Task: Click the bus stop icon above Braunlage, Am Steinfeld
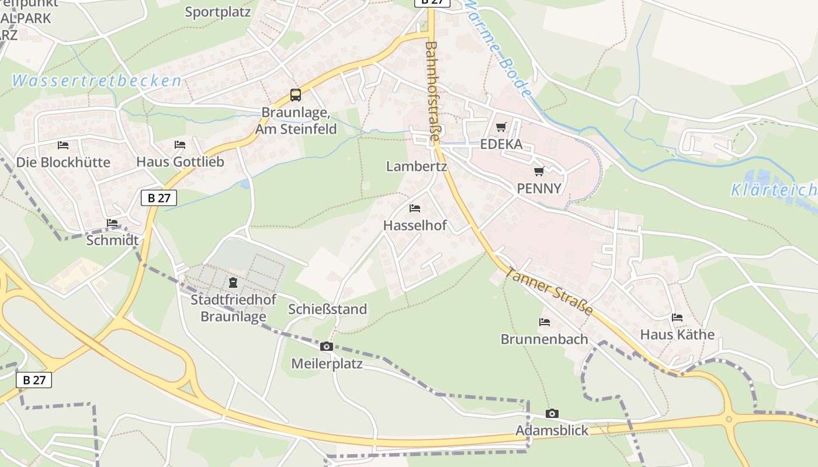(296, 95)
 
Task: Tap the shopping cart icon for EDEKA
(501, 127)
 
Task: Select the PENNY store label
(539, 188)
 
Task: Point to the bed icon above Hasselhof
(415, 208)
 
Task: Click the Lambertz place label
(416, 166)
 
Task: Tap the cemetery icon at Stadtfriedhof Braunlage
(233, 283)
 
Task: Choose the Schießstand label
(327, 309)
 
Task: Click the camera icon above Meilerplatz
(327, 347)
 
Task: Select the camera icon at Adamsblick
(552, 414)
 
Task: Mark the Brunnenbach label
(544, 339)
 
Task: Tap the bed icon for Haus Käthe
(677, 318)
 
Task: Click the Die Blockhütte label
(63, 162)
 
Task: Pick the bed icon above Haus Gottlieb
(180, 145)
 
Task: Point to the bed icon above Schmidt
(112, 223)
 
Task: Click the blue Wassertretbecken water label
(96, 81)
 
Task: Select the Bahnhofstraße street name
(432, 90)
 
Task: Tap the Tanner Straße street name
(549, 291)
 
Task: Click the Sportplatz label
(217, 12)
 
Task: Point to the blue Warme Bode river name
(500, 50)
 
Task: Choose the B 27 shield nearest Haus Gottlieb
(159, 198)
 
